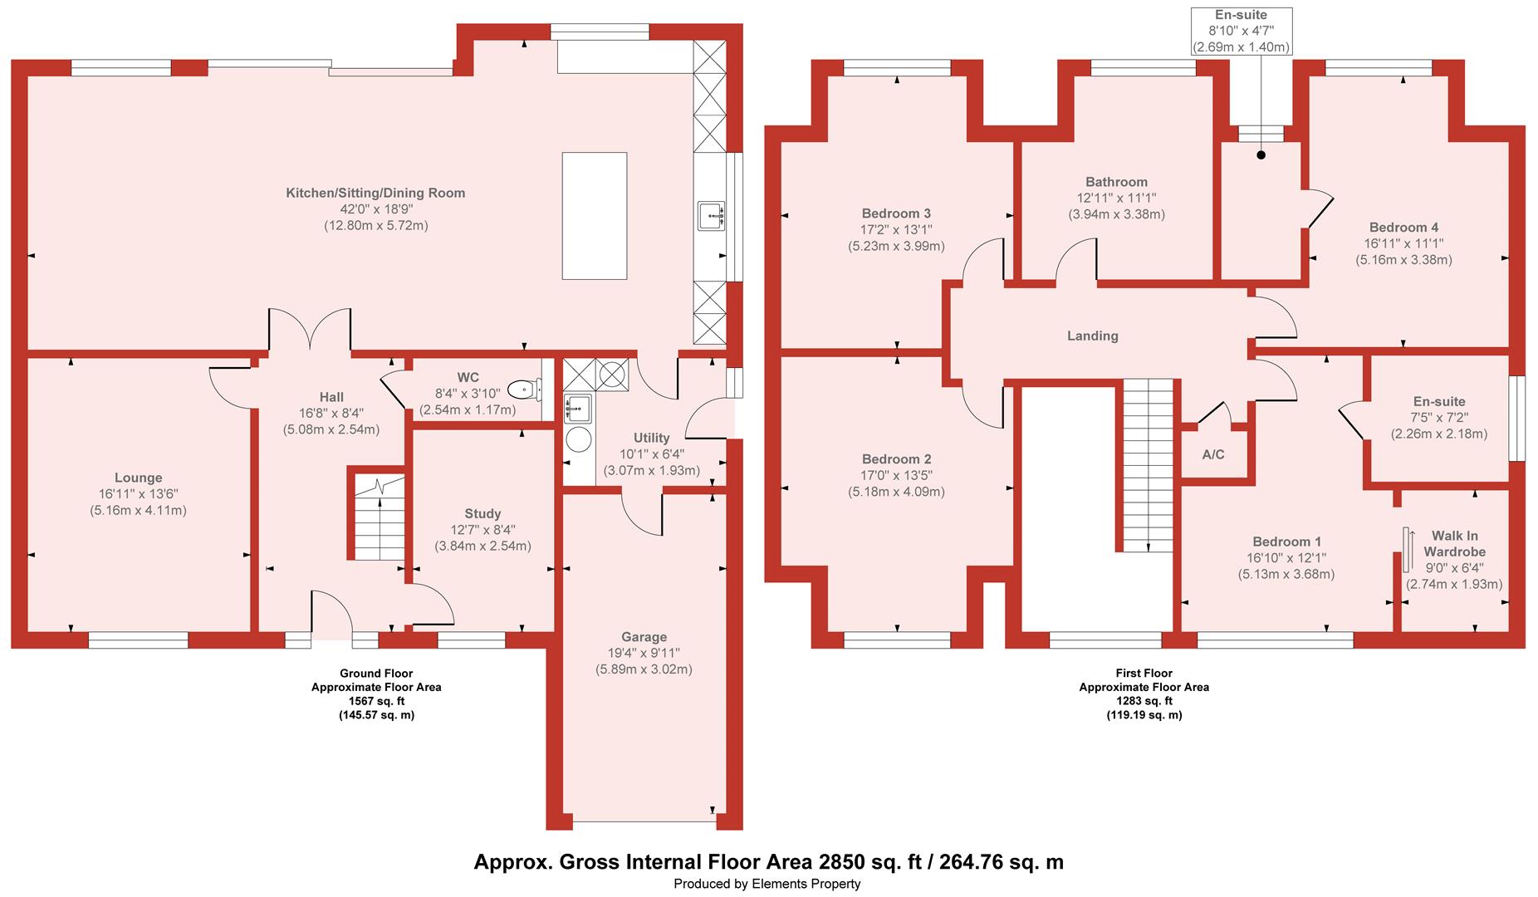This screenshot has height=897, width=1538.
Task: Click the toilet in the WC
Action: (525, 389)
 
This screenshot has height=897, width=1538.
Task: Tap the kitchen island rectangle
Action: (594, 215)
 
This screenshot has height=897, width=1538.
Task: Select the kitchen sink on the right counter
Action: (712, 216)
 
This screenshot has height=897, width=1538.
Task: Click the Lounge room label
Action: (139, 478)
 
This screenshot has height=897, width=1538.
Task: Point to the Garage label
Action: (644, 637)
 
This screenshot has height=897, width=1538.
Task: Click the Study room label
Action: (482, 513)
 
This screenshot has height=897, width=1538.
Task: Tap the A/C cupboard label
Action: (1213, 454)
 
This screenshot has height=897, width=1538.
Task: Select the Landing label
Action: (1092, 336)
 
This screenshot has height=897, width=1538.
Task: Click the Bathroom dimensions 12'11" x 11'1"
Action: (1116, 198)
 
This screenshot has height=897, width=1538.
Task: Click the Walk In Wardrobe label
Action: (1454, 543)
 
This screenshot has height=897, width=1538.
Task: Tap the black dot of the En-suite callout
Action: (1261, 154)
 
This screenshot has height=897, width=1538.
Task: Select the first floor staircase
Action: (1149, 465)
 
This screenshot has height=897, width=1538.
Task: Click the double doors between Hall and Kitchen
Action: (310, 332)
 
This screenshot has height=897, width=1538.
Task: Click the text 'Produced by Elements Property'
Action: (767, 884)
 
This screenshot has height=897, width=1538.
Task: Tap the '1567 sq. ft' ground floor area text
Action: (375, 701)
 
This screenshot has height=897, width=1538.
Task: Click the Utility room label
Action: (651, 438)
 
